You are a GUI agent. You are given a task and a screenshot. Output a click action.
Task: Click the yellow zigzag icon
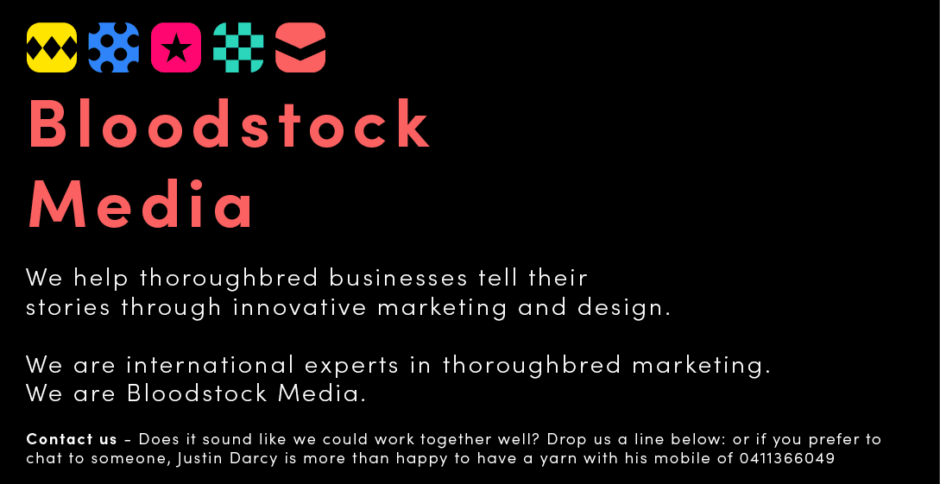point(52,47)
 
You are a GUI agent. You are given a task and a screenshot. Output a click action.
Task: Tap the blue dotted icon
point(114,47)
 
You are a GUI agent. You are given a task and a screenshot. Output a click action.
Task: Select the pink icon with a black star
point(176,47)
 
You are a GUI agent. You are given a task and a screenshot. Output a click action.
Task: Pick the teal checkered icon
point(238,47)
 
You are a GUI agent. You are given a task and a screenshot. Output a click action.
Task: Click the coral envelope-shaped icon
point(300,47)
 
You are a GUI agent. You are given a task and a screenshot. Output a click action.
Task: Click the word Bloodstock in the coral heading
point(230,126)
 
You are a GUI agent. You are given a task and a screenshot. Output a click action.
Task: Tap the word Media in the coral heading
point(142,206)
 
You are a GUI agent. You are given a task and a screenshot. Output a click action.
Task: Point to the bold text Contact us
point(72,439)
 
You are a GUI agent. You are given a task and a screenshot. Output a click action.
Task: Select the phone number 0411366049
point(787,459)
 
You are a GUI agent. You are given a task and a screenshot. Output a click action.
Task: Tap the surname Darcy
point(252,459)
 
